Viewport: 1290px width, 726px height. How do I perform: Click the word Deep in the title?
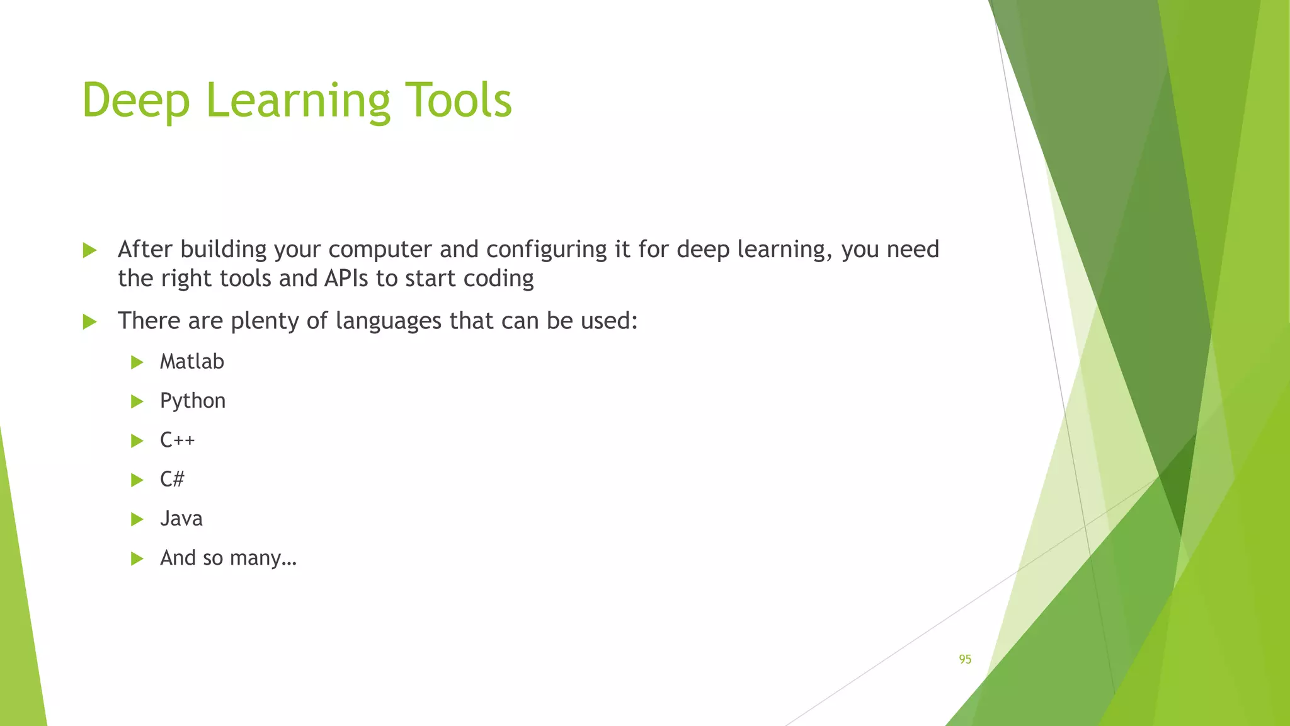click(135, 101)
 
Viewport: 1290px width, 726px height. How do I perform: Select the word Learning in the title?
click(297, 101)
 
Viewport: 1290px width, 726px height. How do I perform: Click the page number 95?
click(965, 659)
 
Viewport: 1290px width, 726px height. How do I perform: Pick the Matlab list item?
click(191, 362)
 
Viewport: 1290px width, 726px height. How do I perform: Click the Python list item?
click(192, 401)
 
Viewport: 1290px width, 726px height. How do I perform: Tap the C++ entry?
click(177, 440)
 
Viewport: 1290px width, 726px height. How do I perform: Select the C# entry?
click(172, 479)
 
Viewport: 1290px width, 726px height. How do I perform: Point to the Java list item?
click(181, 519)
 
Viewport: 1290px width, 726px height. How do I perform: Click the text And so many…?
click(227, 558)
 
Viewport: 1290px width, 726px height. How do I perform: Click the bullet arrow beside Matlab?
click(137, 362)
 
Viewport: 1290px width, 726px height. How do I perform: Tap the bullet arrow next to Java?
click(137, 519)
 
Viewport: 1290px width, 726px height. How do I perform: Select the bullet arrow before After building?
click(89, 250)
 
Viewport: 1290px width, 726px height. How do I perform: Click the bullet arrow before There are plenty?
click(89, 322)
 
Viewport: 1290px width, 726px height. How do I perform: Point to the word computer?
click(380, 250)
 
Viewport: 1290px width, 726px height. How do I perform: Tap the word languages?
click(388, 321)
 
